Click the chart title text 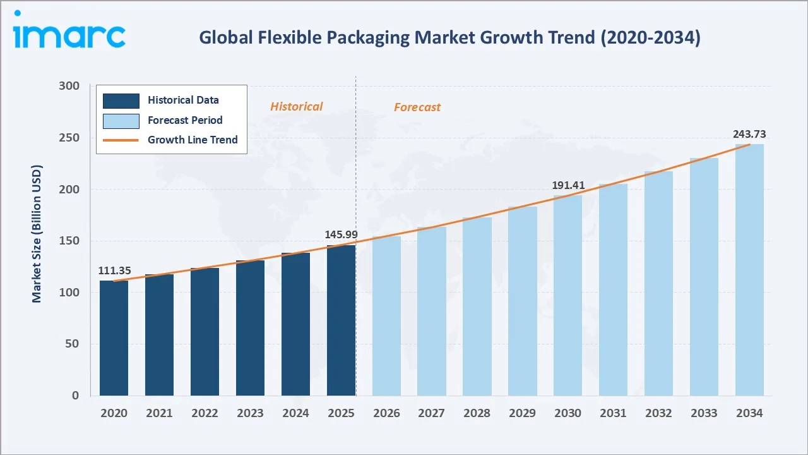449,37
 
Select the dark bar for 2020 114,338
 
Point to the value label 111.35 114,270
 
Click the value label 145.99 341,234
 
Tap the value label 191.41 568,185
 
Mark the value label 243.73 749,134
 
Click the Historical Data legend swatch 121,100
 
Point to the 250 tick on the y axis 69,138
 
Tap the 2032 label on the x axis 658,413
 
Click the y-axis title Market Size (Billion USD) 37,234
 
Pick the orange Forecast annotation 417,107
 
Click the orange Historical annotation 296,107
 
